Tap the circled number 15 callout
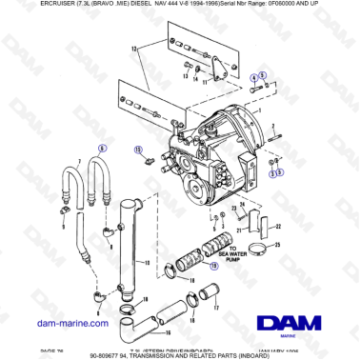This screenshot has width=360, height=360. [x=138, y=150]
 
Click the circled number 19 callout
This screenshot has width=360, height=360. [x=213, y=268]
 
